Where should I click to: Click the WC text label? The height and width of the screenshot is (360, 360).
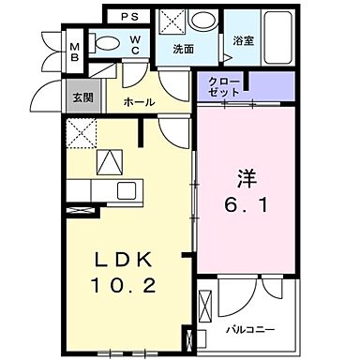pyautogui.click(x=135, y=43)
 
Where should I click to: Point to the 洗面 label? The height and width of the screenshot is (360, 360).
pyautogui.click(x=183, y=49)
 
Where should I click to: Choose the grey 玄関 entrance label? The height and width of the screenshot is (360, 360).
pyautogui.click(x=78, y=97)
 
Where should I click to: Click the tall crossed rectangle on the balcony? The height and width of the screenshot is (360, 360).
pyautogui.click(x=195, y=341)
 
